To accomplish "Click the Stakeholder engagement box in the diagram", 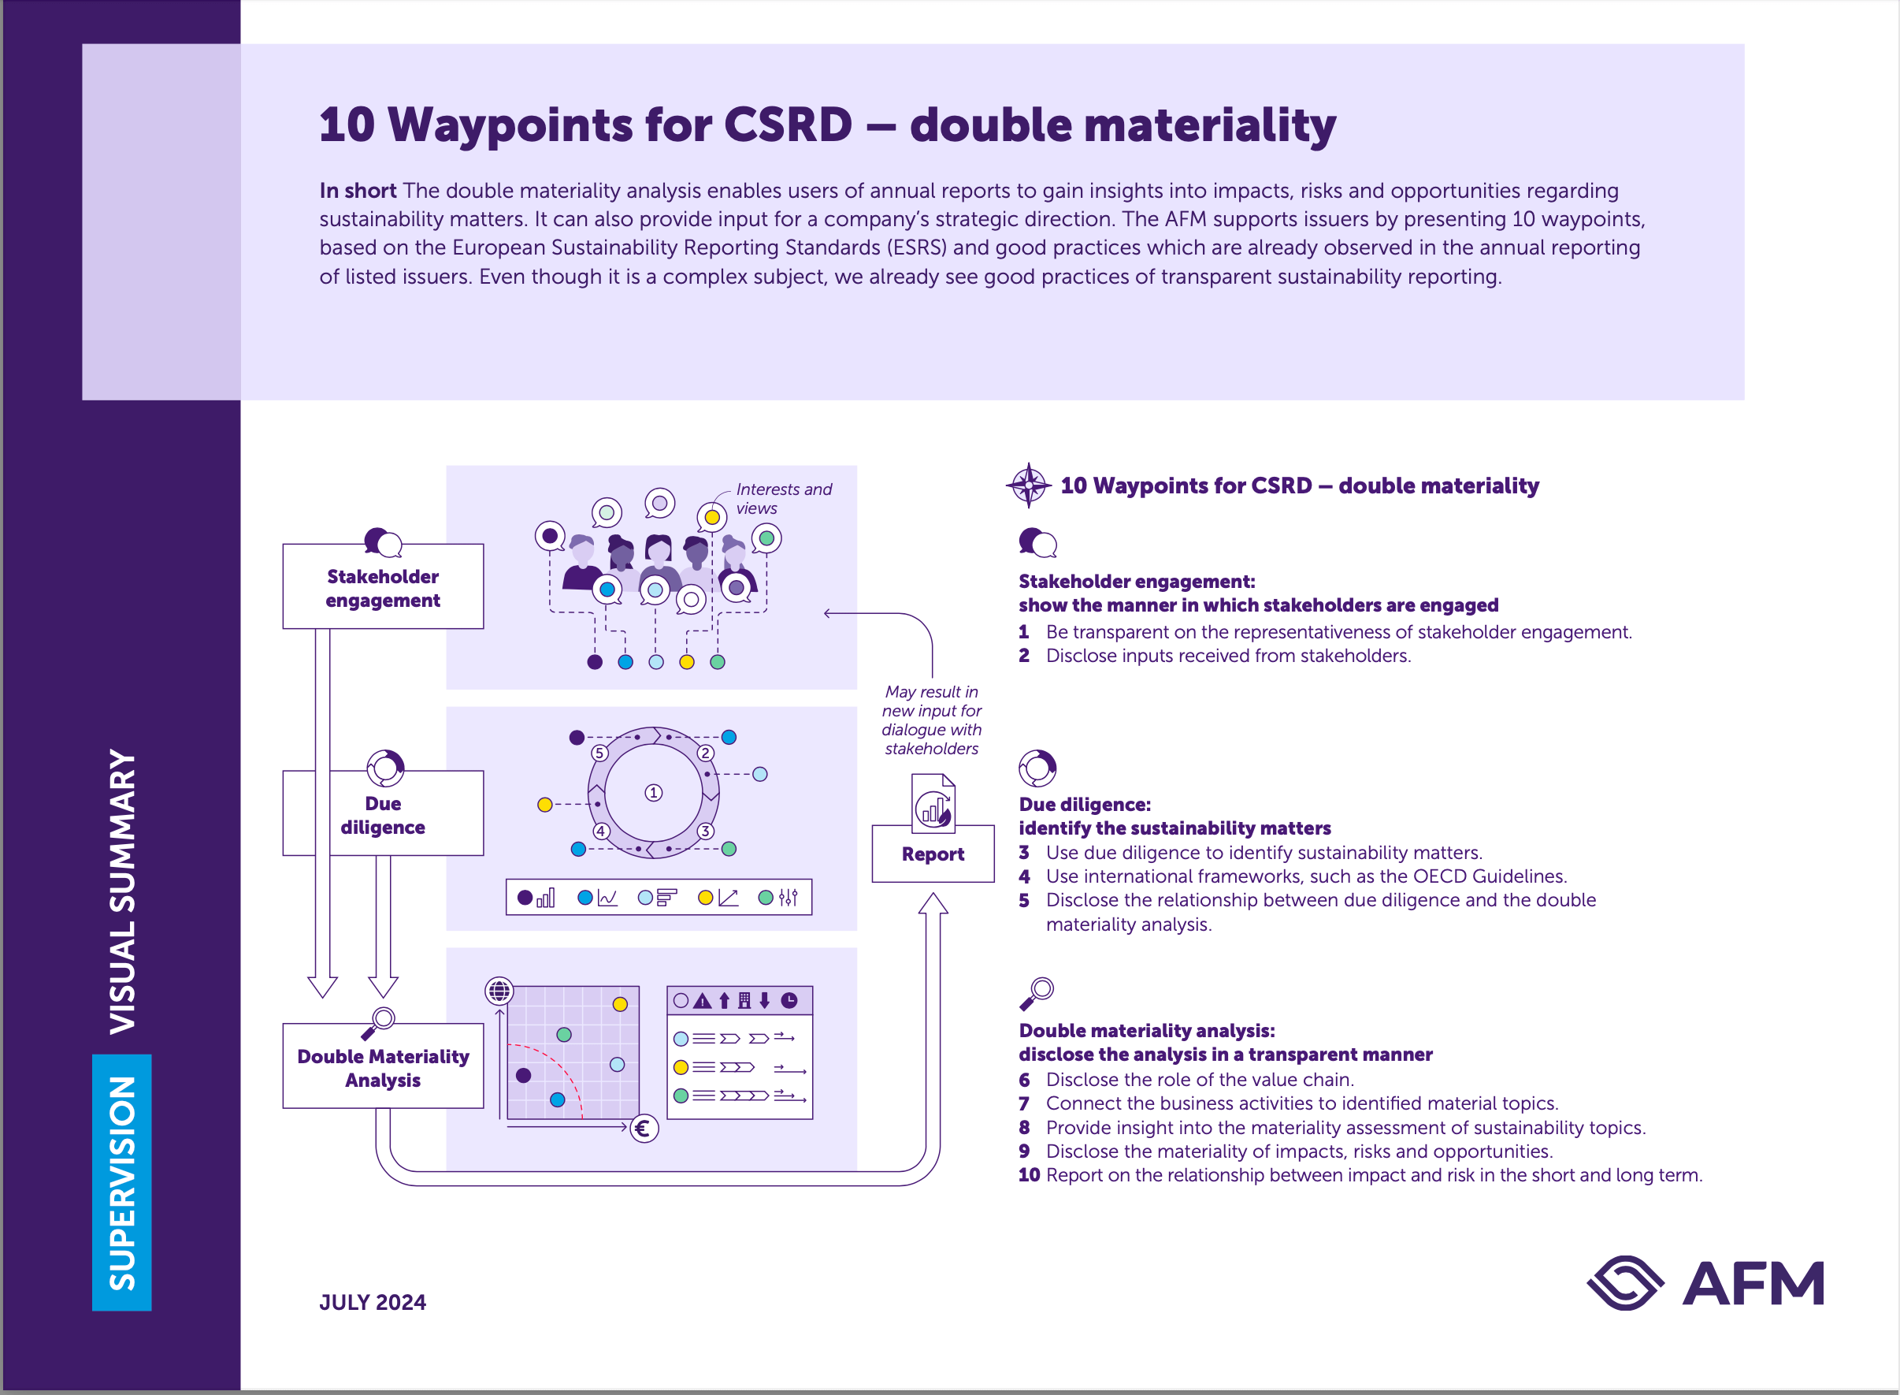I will tap(382, 588).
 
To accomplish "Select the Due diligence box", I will tap(382, 815).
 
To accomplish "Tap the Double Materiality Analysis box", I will tap(382, 1067).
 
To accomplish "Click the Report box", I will tap(933, 854).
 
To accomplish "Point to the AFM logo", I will tap(1705, 1283).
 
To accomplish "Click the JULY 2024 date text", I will tap(373, 1302).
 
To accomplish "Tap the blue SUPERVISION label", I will tap(121, 1182).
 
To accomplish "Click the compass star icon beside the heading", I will tap(1028, 485).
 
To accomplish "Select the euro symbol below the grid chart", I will tap(644, 1128).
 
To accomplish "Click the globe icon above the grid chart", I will tap(499, 990).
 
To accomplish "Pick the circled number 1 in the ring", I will tap(653, 793).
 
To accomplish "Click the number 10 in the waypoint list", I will tap(1028, 1174).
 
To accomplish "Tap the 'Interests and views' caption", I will tap(782, 498).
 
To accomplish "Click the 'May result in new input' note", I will tap(931, 720).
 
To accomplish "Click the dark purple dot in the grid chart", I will tap(523, 1075).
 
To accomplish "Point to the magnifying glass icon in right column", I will tap(1037, 993).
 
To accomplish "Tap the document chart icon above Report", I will tap(933, 804).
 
